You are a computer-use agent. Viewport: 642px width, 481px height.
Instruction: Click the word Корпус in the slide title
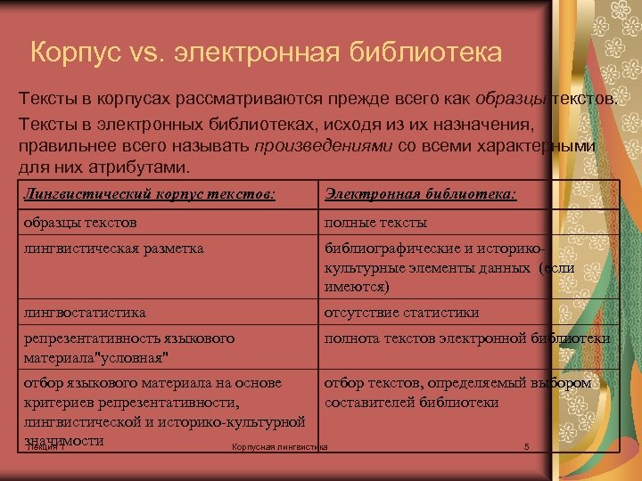(72, 52)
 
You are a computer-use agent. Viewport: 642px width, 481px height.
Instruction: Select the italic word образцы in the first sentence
(514, 97)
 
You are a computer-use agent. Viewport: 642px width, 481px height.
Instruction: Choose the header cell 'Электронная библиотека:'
(421, 193)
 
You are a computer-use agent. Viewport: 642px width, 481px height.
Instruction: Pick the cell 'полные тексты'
(375, 222)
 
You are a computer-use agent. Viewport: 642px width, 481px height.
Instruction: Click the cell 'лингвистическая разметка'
(114, 249)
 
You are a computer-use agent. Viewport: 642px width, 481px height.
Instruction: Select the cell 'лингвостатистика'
(86, 313)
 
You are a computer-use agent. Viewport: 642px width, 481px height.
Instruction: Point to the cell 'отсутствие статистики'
(401, 313)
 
